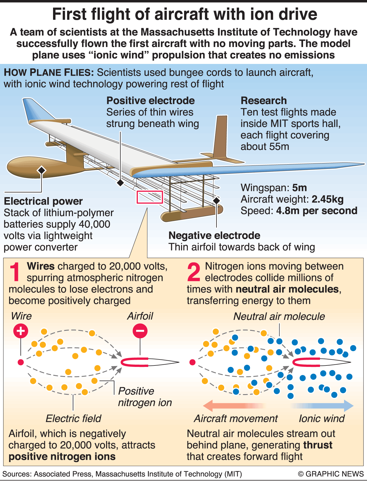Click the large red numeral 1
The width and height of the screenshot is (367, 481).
[x=15, y=272]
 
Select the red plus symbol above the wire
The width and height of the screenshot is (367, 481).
[x=21, y=331]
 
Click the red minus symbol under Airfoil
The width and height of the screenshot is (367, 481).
[x=140, y=331]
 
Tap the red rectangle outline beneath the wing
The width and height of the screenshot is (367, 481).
[x=150, y=197]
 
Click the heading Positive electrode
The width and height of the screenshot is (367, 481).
[x=151, y=101]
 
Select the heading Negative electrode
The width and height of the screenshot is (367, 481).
[x=214, y=235]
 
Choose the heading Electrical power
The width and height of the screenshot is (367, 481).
[x=43, y=201]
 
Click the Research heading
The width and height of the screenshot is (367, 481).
[x=264, y=101]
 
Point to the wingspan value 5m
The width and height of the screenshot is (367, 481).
[x=300, y=188]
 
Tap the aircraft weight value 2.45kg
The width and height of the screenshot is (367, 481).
[x=328, y=199]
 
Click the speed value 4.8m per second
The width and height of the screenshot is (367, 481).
[x=317, y=211]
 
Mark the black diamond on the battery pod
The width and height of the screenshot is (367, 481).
[x=42, y=170]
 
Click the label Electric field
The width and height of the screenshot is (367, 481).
[x=73, y=419]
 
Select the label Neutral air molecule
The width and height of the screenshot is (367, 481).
[x=279, y=316]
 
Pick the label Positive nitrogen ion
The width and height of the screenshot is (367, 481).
[x=145, y=397]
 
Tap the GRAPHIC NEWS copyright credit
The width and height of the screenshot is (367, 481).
[x=331, y=474]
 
